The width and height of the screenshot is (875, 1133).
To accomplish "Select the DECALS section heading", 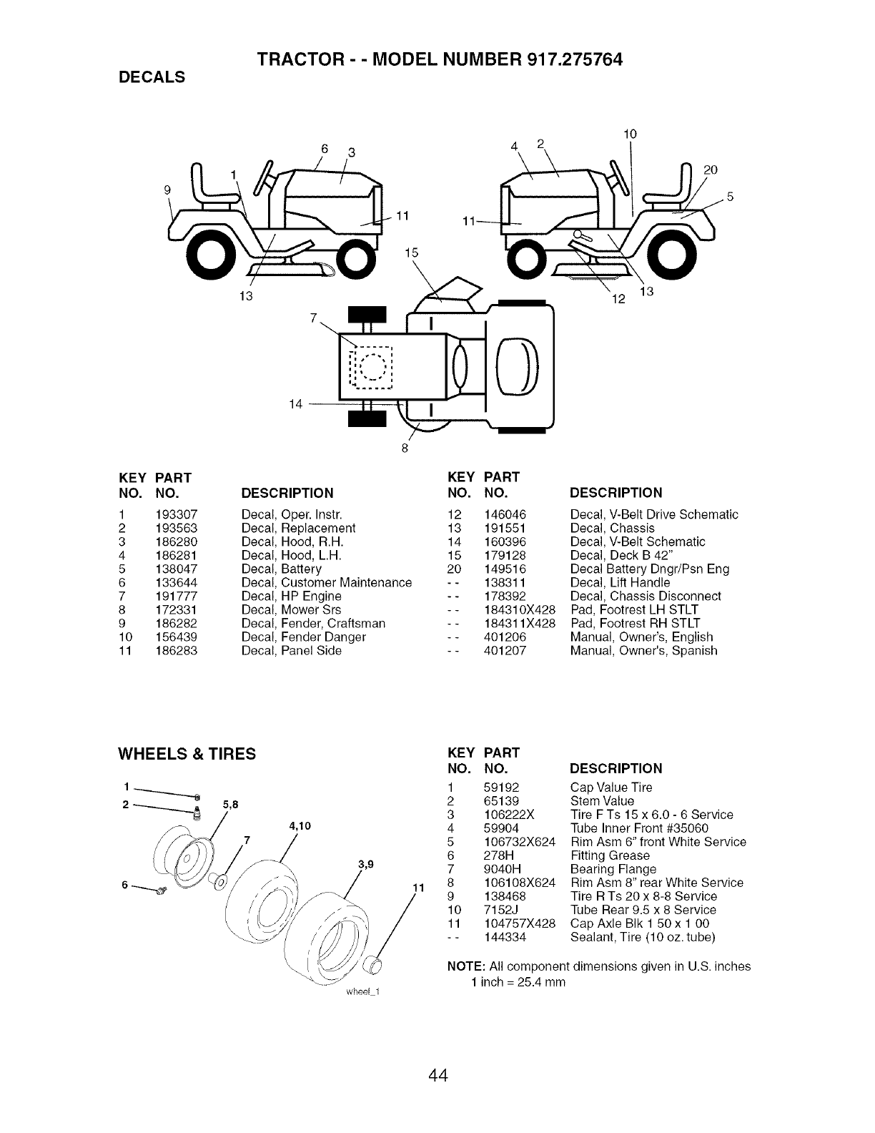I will pos(152,77).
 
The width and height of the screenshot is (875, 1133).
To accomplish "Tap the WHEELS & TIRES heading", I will pos(187,754).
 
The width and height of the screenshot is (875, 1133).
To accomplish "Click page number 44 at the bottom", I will pos(438,1074).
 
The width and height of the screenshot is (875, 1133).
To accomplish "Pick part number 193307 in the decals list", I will pos(176,514).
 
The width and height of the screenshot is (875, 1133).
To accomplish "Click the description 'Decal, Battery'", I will pos(282,569).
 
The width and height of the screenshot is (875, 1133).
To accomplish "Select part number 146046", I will pos(505,514).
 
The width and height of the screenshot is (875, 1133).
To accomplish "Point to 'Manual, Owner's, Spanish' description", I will pos(643,651).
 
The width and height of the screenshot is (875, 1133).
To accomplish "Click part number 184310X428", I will pos(520,610).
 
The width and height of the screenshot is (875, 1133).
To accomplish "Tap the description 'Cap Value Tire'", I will pos(611,788).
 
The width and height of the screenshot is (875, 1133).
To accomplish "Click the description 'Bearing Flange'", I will pos(613,869).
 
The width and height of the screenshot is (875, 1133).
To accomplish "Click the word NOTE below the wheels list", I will pos(462,966).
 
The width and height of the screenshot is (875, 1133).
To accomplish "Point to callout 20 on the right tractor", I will pos(709,170).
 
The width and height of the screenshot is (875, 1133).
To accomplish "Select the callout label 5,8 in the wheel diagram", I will pos(231,805).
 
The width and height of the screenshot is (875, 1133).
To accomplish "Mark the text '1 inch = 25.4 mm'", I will pos(518,982).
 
